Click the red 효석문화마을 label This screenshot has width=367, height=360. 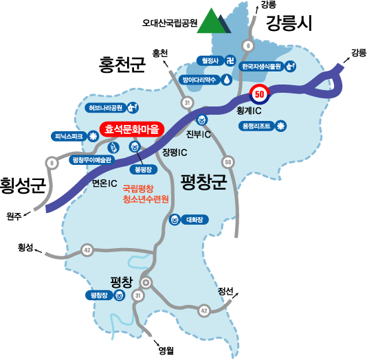tap(132, 129)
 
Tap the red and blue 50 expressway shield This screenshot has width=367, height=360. tap(260, 94)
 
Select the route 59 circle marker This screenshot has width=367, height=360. tap(228, 162)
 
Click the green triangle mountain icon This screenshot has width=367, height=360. tap(211, 21)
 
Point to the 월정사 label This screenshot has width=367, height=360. tap(210, 61)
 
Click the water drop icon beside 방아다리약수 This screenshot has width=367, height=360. tap(227, 80)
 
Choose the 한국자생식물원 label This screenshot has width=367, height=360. tap(261, 67)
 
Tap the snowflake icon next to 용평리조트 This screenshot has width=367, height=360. tap(280, 126)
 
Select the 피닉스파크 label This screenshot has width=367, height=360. tap(69, 137)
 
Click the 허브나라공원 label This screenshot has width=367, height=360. tap(105, 108)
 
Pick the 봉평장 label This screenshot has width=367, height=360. tap(144, 170)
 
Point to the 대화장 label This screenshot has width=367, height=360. tap(194, 220)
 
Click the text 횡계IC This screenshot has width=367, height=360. tap(249, 111)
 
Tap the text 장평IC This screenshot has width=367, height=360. tap(175, 153)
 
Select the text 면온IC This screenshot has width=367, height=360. tap(104, 183)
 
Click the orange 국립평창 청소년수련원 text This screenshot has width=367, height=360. tap(146, 194)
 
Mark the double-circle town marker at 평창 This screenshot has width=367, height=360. tap(146, 282)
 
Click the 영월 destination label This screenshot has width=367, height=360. tap(166, 350)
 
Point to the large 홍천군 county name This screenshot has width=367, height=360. tap(122, 65)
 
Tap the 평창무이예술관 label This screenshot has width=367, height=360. tap(92, 160)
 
